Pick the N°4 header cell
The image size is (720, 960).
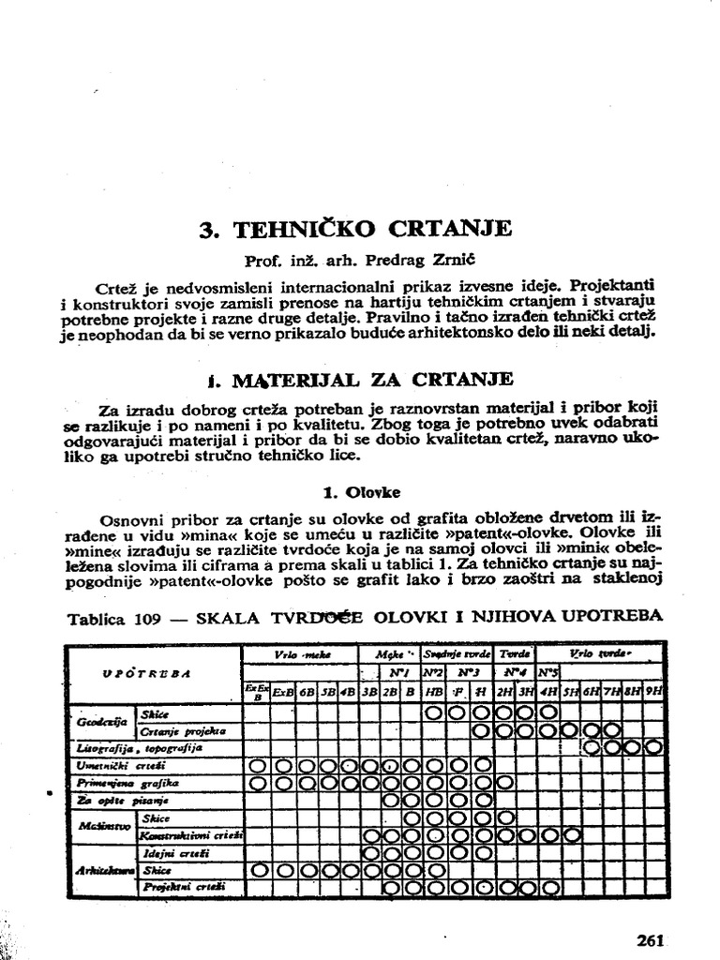tap(515, 672)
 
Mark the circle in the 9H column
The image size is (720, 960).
tap(653, 747)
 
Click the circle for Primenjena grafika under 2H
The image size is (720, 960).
tap(504, 782)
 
